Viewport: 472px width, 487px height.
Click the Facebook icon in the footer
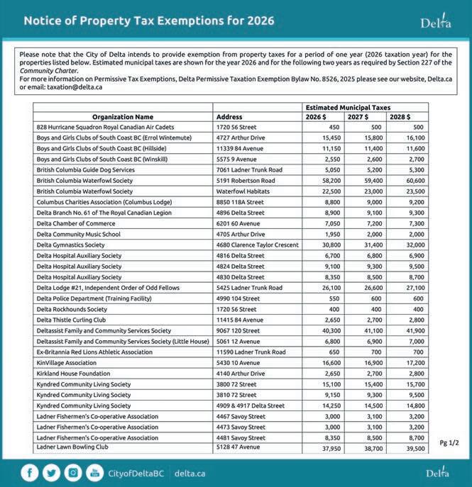31,473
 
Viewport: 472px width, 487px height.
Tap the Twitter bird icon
51,473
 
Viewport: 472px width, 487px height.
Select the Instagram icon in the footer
73,473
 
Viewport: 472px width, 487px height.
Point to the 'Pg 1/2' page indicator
449,442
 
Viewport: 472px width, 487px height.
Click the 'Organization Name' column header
123,116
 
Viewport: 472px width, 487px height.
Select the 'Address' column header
229,116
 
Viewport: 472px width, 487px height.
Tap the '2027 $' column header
357,116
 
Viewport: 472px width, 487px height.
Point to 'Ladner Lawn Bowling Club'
72,447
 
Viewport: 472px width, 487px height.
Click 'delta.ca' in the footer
190,473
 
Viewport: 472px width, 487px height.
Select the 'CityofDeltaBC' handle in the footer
137,473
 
